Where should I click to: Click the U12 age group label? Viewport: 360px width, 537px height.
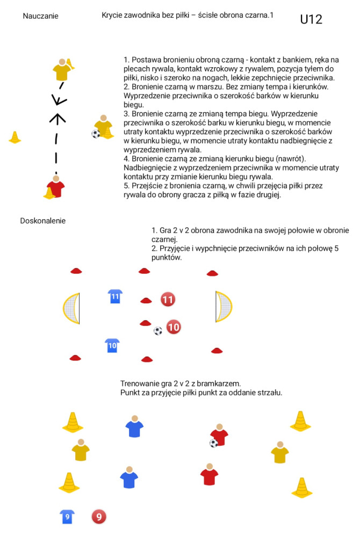click(x=311, y=19)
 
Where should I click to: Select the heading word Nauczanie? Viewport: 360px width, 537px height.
click(x=40, y=16)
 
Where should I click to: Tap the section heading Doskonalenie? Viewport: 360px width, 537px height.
click(x=43, y=221)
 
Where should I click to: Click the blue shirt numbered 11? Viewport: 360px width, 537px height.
click(x=115, y=296)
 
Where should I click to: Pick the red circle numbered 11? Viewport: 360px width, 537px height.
click(x=168, y=300)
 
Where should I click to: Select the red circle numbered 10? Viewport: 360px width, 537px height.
click(x=174, y=327)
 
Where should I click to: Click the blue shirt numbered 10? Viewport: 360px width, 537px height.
click(x=112, y=345)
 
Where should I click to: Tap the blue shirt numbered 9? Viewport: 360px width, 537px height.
click(x=67, y=517)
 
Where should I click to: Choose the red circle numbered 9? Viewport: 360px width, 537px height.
click(x=99, y=517)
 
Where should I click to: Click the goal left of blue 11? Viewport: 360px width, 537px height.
click(x=72, y=308)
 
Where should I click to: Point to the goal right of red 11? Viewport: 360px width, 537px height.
click(x=224, y=307)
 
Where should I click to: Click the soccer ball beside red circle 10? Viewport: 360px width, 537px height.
click(x=158, y=331)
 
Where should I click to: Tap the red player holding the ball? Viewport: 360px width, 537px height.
click(x=219, y=435)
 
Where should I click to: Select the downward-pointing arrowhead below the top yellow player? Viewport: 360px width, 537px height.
click(x=59, y=100)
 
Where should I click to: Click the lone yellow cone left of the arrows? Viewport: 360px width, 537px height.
click(x=15, y=137)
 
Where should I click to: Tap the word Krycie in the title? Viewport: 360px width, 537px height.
click(x=112, y=16)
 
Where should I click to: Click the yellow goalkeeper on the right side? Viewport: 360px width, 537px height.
click(x=280, y=452)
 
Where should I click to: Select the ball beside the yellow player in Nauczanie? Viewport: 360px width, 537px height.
click(x=96, y=134)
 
